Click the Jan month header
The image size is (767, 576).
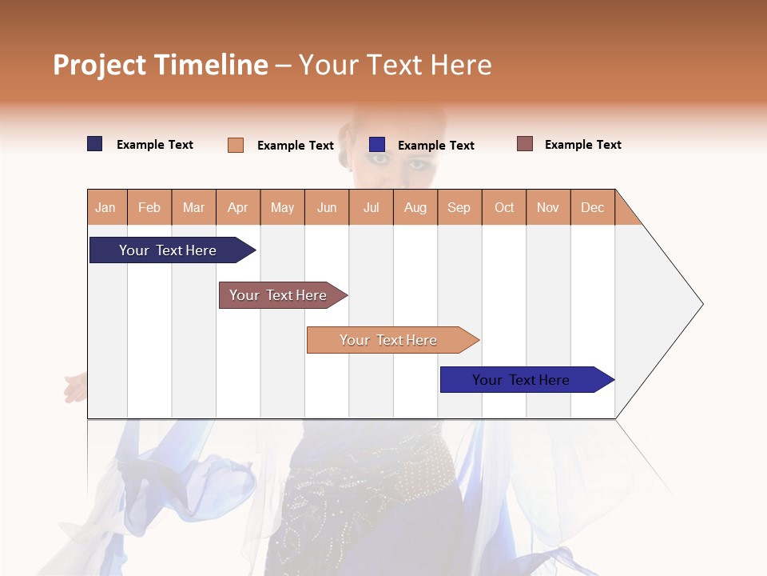coord(105,208)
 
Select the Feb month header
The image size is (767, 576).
coord(149,208)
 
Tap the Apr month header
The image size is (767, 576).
coord(238,208)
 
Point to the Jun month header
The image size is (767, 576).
coord(327,208)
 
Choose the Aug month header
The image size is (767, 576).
coord(415,208)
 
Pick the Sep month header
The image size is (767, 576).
coord(459,208)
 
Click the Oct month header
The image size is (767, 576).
coord(504,208)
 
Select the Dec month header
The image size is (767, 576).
coord(593,208)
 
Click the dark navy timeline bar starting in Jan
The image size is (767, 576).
coord(169,250)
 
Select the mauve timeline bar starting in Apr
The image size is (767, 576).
coord(279,295)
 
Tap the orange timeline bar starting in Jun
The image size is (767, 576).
coord(389,340)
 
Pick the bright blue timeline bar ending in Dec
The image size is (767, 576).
coord(522,380)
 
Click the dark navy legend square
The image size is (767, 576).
coord(95,144)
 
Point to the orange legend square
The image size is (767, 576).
coord(236,145)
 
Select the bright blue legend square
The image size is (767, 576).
coord(377,145)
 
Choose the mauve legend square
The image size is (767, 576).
coord(525,144)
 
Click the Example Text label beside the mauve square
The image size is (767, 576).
coord(582,145)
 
